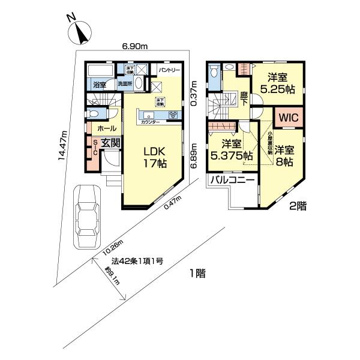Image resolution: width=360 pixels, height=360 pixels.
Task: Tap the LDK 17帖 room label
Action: [154, 155]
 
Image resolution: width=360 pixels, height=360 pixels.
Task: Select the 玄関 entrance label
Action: [110, 143]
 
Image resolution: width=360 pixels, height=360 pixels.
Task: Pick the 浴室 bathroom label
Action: [99, 86]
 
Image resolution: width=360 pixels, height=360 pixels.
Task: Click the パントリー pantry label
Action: [170, 70]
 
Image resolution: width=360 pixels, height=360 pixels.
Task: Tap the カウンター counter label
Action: [151, 122]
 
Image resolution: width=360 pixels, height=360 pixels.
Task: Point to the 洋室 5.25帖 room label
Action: [280, 83]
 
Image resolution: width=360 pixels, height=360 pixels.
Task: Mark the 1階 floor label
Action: [198, 274]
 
